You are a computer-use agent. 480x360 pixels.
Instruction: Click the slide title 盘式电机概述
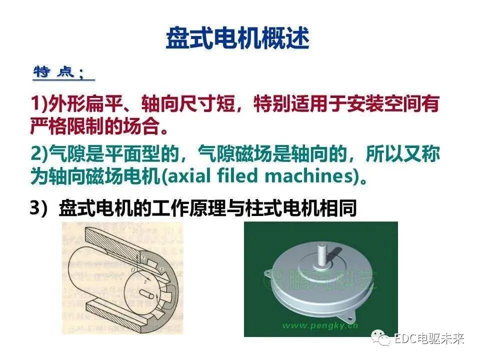point(237,38)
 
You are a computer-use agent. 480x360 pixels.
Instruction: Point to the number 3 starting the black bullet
point(35,208)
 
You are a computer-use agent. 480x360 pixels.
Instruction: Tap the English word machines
point(307,176)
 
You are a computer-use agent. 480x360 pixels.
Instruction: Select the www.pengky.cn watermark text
point(320,325)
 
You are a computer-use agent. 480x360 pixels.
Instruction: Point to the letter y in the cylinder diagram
point(143,256)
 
